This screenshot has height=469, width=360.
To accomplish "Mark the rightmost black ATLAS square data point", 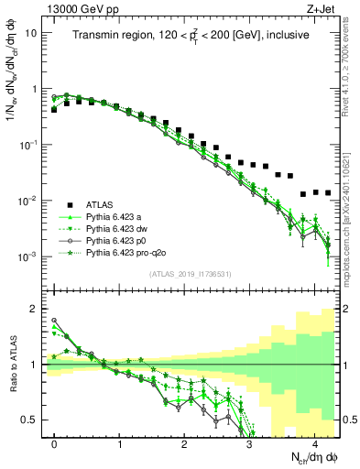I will [x=328, y=193].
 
